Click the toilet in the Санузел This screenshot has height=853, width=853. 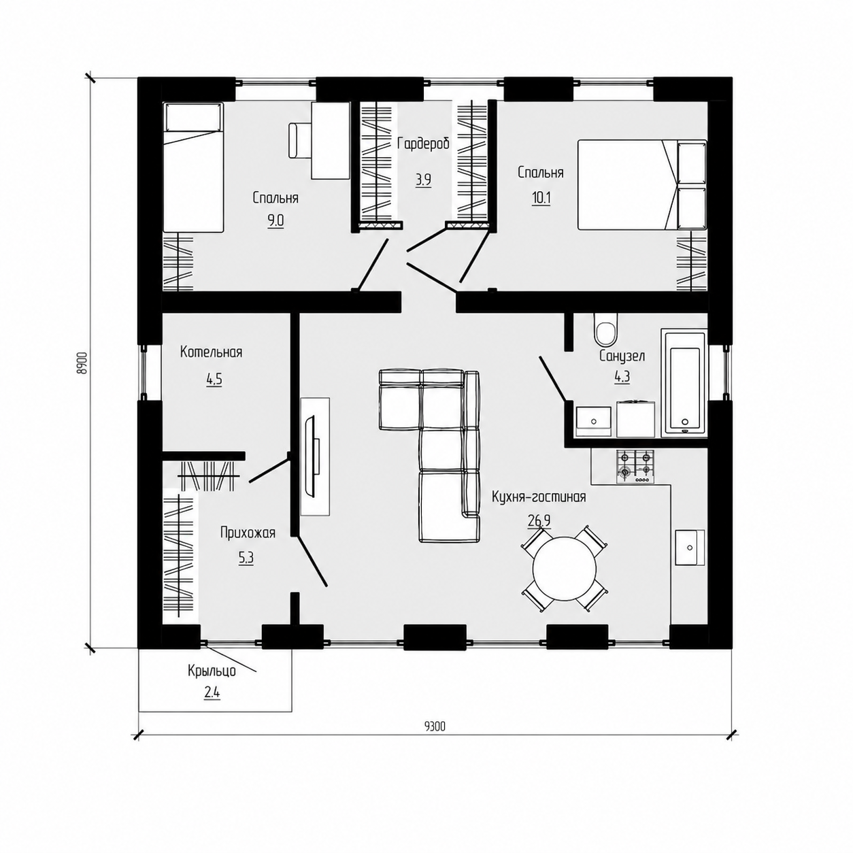[606, 331]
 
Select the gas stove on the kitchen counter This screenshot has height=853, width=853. [635, 467]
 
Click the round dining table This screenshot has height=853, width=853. [565, 569]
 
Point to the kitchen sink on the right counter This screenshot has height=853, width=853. [690, 547]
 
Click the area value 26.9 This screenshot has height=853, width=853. [539, 521]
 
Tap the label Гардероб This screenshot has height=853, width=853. [424, 144]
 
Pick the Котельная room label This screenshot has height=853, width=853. [211, 352]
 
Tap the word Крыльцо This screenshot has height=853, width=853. [212, 671]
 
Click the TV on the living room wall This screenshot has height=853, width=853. [312, 456]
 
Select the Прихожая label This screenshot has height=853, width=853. [248, 533]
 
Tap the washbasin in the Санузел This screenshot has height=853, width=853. [594, 422]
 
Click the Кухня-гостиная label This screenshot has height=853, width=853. [539, 497]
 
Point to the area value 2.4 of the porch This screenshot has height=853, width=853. [212, 691]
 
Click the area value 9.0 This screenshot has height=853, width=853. [275, 220]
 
